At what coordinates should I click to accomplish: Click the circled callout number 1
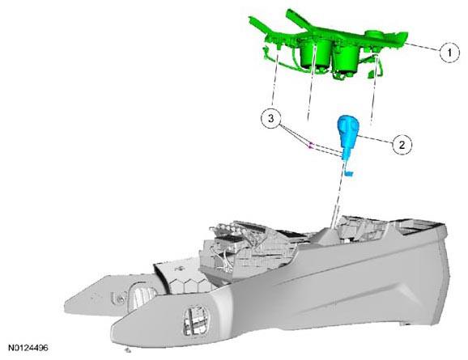pyautogui.click(x=449, y=53)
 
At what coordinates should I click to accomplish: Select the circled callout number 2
pyautogui.click(x=402, y=146)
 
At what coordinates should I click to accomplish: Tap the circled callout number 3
pyautogui.click(x=270, y=118)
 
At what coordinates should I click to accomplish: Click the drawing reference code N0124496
pyautogui.click(x=28, y=348)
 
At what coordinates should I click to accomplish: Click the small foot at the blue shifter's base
pyautogui.click(x=348, y=172)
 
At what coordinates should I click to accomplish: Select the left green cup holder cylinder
pyautogui.click(x=316, y=53)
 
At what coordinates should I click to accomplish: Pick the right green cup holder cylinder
pyautogui.click(x=347, y=59)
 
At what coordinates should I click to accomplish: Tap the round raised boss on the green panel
pyautogui.click(x=374, y=33)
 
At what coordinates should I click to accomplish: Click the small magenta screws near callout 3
pyautogui.click(x=310, y=146)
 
